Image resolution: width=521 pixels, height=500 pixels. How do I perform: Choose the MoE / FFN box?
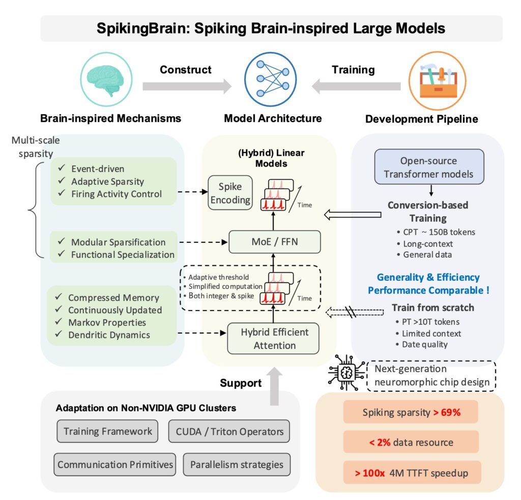pos(275,241)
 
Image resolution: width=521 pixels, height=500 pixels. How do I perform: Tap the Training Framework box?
pos(108,431)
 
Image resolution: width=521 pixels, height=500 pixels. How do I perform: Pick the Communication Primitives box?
pos(115,464)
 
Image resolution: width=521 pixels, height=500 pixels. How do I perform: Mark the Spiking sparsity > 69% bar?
pos(410,412)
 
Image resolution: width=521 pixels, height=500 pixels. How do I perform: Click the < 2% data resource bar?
pos(410,441)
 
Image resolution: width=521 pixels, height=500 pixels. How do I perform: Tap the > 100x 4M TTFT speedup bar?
pos(410,473)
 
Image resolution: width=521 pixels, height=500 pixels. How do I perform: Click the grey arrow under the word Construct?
pos(185,87)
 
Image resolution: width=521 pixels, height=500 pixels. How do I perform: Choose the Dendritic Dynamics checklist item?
pos(109,335)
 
